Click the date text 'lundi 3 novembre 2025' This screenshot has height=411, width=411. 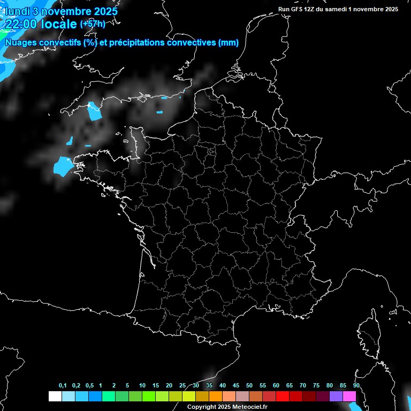pos(61,10)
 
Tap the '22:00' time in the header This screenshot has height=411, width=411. pos(21,24)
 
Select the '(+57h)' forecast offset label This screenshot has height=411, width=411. pos(93,24)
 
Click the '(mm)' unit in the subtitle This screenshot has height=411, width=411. pos(229,43)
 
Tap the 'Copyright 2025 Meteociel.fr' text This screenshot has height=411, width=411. pos(227,407)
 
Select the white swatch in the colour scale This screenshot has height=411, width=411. pos(55,396)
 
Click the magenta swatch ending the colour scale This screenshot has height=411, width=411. pos(349,396)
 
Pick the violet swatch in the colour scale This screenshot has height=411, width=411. pos(336,396)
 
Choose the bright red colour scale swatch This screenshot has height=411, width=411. pos(283,396)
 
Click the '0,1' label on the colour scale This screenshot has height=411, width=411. pos(63,386)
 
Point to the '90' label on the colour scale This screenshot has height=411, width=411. pos(356,386)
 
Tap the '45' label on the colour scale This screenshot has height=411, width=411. pos(236,386)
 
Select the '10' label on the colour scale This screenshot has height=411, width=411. pos(142,386)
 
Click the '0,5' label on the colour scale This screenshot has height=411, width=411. pos(89,386)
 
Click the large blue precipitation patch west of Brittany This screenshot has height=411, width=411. pos(62,166)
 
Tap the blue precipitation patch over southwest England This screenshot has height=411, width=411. pos(95,111)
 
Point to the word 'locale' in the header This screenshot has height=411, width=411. pos(59,24)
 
